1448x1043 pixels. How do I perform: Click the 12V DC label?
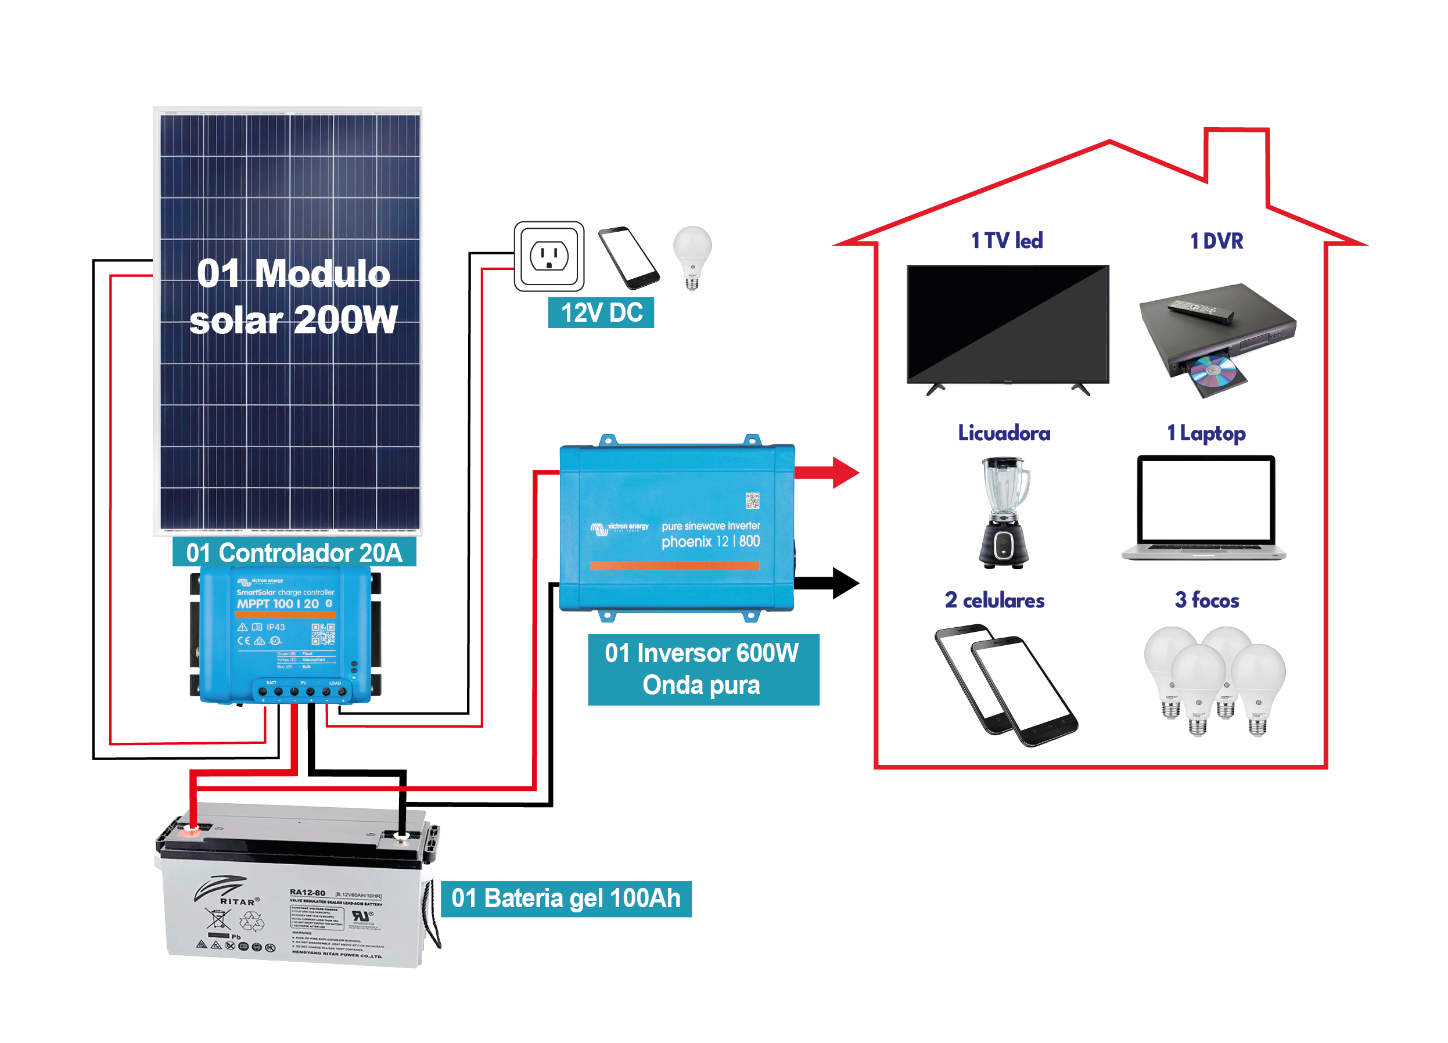(601, 313)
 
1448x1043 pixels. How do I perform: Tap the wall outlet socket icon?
(549, 257)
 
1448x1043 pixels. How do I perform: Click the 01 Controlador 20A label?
(294, 553)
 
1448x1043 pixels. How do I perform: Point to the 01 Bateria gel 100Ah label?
(566, 898)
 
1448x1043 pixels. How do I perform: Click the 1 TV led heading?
(1007, 240)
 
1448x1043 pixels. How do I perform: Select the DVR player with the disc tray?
(1216, 339)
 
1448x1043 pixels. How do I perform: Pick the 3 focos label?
(1207, 600)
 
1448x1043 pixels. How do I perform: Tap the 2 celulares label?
(995, 600)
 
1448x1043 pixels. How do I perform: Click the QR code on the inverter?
(752, 501)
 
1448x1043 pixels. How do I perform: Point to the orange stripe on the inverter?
(674, 565)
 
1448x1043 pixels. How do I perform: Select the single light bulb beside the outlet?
(693, 256)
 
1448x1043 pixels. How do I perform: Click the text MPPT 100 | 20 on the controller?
(278, 604)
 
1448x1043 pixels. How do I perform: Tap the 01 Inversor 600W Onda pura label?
(703, 669)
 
